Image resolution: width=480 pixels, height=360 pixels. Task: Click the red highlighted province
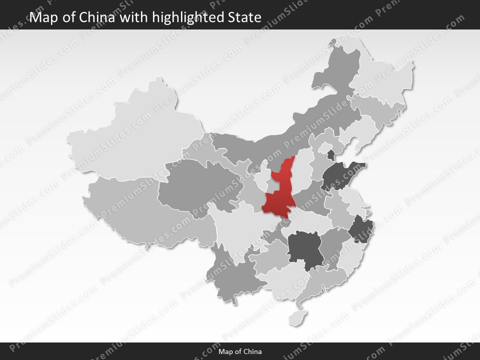click(x=278, y=195)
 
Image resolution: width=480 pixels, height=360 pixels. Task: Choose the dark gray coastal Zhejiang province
click(x=359, y=229)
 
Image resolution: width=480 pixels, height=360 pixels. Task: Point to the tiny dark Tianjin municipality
click(x=330, y=153)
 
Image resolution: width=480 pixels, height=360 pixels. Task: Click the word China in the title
click(x=98, y=17)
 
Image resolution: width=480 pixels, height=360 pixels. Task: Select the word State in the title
click(x=244, y=17)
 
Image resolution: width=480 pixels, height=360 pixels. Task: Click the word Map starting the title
click(x=42, y=17)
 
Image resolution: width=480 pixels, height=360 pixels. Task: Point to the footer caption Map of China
click(x=240, y=351)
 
